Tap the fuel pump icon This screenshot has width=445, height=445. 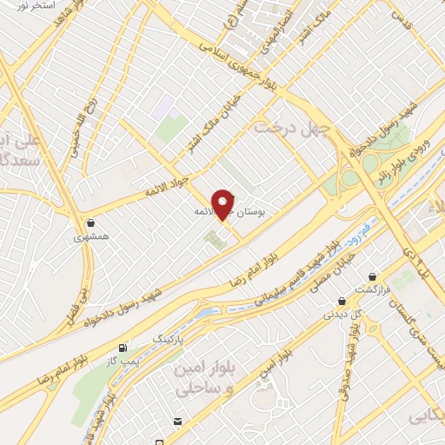pos(132,345)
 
